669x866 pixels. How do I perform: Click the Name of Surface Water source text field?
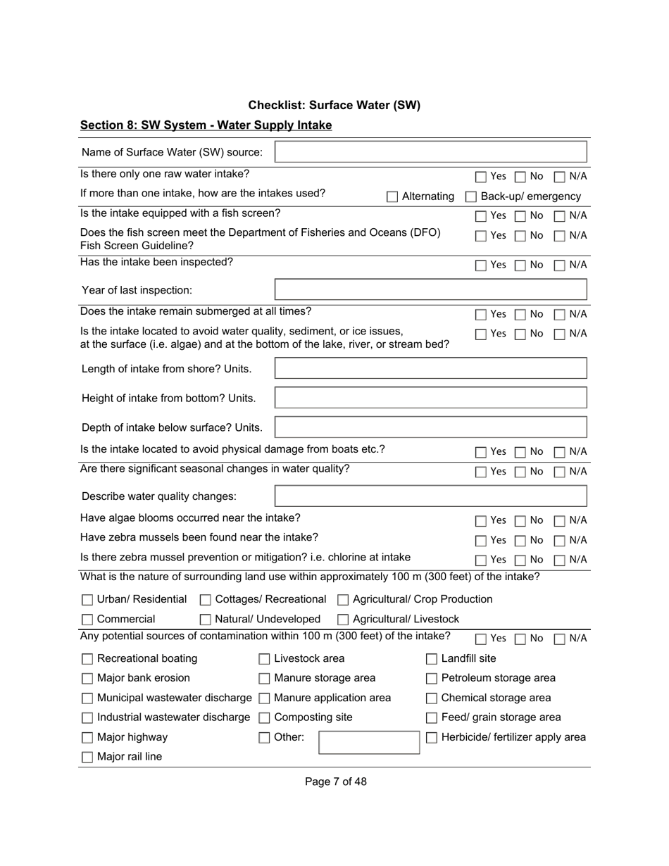point(430,152)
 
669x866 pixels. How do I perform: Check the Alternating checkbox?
point(392,197)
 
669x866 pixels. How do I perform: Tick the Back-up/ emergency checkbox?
point(471,197)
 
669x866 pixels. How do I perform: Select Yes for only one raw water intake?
point(481,177)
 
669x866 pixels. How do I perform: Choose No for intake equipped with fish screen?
point(520,216)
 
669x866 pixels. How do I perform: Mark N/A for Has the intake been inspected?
point(561,265)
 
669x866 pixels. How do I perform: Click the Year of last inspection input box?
point(430,289)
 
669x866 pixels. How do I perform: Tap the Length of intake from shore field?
point(430,368)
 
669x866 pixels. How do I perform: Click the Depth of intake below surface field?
point(430,427)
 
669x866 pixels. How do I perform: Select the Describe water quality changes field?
point(430,496)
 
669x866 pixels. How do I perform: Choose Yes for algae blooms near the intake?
point(481,521)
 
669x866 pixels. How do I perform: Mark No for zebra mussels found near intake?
point(520,541)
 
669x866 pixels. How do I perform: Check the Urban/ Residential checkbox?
point(87,600)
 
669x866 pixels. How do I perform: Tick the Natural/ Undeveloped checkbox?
point(206,620)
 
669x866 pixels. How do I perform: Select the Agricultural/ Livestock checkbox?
point(344,620)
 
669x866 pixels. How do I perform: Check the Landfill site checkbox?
point(432,659)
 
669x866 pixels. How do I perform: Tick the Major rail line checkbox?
point(87,758)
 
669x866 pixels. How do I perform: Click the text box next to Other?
point(369,742)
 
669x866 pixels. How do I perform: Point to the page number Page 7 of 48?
point(335,782)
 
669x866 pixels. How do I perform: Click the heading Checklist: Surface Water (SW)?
point(334,105)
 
